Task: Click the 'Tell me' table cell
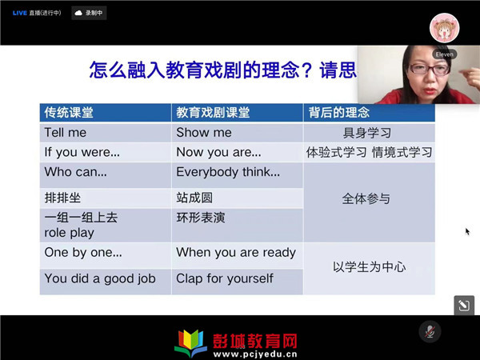pos(106,133)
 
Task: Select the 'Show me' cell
pos(238,133)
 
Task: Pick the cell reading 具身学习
pos(367,133)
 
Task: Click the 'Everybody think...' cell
pos(238,175)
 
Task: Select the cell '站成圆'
pos(238,198)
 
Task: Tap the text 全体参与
pos(366,199)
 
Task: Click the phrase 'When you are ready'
pos(236,253)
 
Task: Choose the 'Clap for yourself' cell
pos(238,282)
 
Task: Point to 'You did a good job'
pos(100,278)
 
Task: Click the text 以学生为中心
pos(370,267)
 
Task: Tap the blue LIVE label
pos(19,13)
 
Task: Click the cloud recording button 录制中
pos(89,13)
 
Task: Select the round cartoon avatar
pos(444,28)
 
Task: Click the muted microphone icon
pos(430,331)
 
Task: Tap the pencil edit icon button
pos(464,306)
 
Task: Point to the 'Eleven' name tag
pos(445,54)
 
